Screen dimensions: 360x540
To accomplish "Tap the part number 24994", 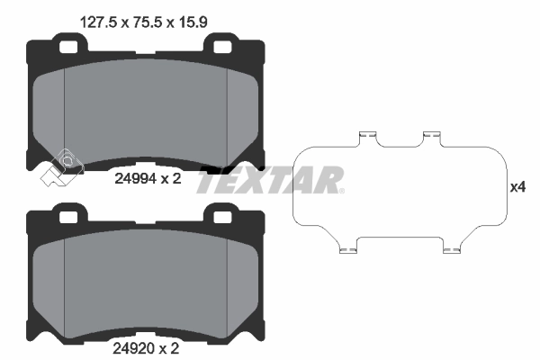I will tap(134, 178).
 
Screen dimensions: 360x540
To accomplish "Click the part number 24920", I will tap(134, 345).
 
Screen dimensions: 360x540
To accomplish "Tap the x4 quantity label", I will tap(517, 188).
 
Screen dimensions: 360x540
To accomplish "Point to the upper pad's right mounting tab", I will tap(221, 41).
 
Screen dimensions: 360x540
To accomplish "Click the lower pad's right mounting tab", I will tap(221, 215).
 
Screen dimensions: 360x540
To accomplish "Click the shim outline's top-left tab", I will tap(366, 137).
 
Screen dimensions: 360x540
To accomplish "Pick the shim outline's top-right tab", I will tap(432, 137).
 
